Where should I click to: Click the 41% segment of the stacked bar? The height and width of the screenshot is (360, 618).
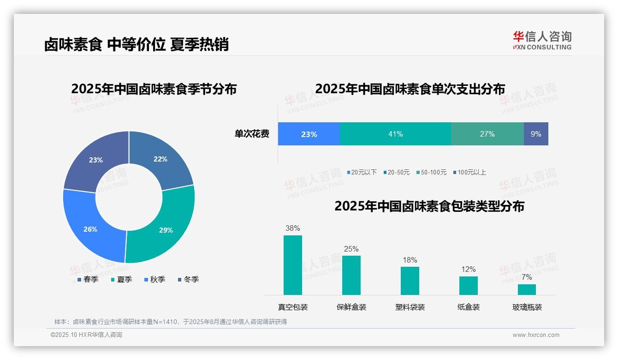point(395,134)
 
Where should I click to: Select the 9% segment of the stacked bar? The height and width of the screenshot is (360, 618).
point(536,134)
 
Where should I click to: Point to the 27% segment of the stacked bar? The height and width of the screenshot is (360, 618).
point(487,134)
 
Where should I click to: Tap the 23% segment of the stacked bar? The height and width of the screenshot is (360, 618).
point(309,134)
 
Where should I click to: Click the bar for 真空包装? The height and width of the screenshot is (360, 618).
point(292,265)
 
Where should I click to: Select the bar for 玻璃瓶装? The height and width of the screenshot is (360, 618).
point(527,289)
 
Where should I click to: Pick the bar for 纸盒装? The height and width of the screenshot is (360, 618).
point(468,285)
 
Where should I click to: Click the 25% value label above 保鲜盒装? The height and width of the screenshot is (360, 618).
point(351,249)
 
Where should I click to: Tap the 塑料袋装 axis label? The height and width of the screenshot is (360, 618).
point(410,307)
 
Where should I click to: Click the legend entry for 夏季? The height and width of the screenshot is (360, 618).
point(121,279)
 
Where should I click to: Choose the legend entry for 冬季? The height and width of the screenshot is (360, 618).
point(188,279)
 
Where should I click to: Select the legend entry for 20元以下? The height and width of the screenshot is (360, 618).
point(362,172)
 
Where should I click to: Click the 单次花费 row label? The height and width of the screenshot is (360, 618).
point(252,134)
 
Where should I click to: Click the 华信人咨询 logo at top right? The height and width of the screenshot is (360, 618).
point(542,40)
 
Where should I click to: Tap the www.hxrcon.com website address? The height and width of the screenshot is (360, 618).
point(535,335)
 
